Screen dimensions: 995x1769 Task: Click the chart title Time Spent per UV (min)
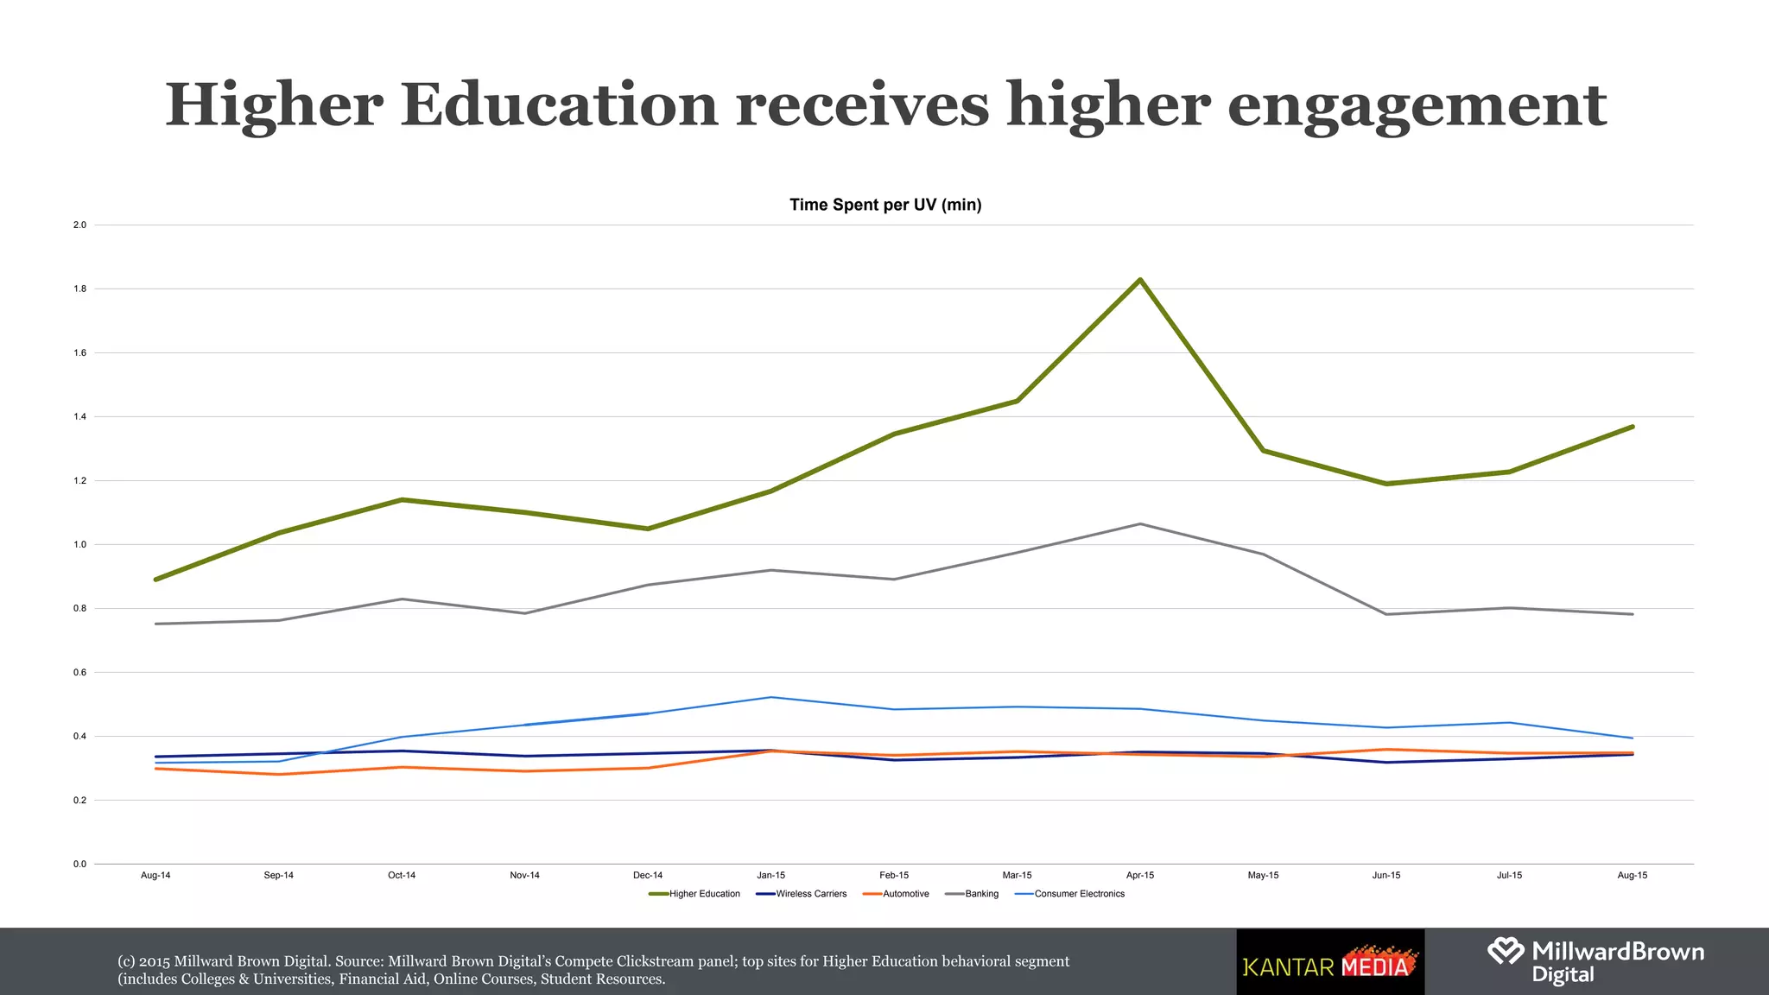885,205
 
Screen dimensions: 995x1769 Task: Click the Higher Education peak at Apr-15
1140,280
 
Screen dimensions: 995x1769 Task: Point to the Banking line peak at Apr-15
1140,524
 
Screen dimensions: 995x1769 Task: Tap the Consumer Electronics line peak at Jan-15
770,697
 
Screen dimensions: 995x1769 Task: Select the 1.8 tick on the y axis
80,288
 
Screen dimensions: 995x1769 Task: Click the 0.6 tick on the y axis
80,672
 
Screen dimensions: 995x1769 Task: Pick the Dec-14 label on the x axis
648,875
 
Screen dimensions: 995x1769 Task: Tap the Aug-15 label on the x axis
1632,875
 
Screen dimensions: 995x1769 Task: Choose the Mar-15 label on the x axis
1017,875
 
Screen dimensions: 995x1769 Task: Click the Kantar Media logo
1330,962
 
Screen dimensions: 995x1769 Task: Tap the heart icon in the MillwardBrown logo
1506,952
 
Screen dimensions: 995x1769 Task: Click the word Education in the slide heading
559,105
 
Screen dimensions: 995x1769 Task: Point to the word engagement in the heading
1417,106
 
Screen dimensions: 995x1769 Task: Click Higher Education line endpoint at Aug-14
155,580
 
